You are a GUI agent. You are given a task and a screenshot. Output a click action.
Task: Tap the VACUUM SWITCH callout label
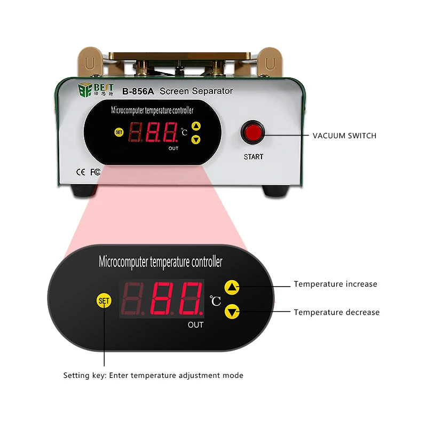tap(344, 136)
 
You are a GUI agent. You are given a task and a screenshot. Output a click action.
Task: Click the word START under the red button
tap(254, 157)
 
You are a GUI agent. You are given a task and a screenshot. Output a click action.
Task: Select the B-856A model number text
tap(138, 91)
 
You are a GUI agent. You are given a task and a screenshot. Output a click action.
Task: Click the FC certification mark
tap(96, 172)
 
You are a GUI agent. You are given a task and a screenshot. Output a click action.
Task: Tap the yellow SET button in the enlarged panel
tap(104, 301)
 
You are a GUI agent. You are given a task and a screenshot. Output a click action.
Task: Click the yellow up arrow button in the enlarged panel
tap(232, 287)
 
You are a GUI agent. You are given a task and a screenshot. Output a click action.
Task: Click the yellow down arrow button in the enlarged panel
tap(232, 311)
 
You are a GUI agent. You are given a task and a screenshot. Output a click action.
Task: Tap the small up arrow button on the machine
tap(196, 127)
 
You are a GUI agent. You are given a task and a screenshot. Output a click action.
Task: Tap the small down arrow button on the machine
tap(196, 139)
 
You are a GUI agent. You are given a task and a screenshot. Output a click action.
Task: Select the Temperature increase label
tap(335, 284)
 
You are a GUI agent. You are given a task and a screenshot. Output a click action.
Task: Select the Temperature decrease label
tap(336, 312)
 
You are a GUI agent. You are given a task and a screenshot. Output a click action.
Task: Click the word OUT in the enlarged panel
tap(195, 325)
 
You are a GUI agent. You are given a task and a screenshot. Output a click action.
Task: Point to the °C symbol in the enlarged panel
tap(215, 301)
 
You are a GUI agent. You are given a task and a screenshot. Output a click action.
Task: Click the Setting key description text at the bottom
tap(153, 375)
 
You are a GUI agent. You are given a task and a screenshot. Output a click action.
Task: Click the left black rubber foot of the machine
tap(85, 190)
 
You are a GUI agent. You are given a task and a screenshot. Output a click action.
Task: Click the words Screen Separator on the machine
tap(196, 91)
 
